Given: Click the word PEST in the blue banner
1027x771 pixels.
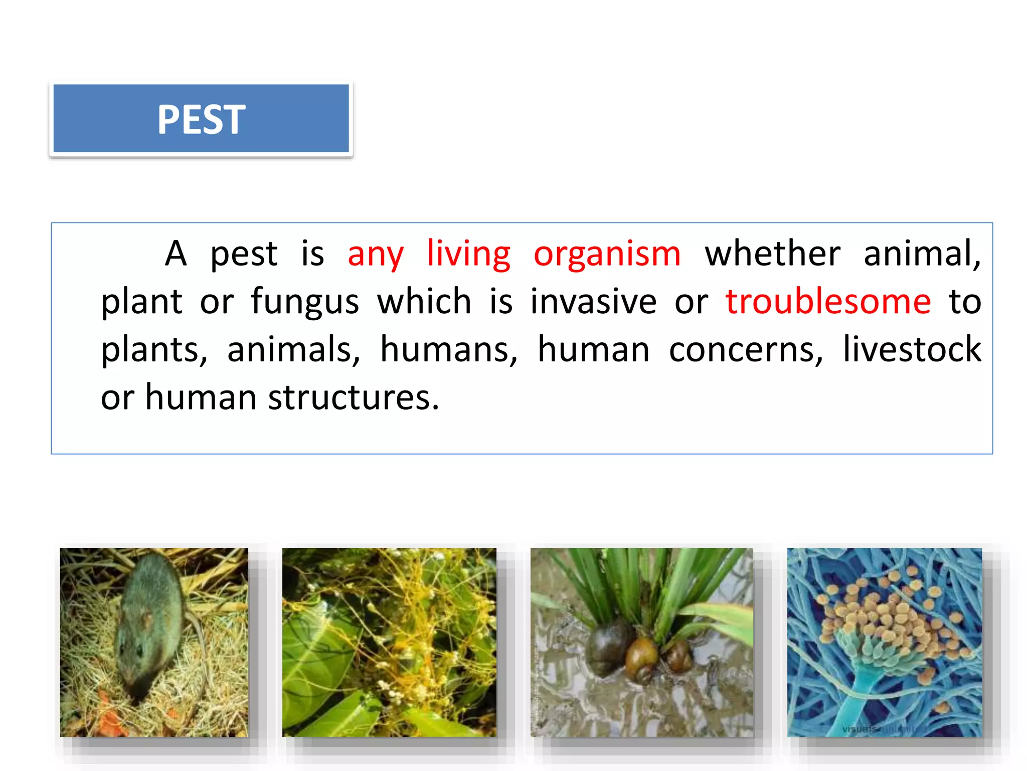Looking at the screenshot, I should coord(201,119).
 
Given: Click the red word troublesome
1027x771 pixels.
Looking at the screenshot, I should coord(828,302).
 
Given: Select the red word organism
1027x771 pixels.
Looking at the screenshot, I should coord(607,254).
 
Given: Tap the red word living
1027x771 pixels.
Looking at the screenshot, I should coord(468,254).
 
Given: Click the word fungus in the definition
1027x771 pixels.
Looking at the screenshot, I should coord(305,302).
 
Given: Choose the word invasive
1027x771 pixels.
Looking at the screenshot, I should coord(593,302).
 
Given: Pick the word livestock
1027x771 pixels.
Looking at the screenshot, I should coord(912,349).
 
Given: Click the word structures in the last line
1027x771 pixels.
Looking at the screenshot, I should coord(353,398).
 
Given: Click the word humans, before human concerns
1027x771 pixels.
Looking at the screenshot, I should coord(448,350).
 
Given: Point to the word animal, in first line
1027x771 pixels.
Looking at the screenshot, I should coord(922,254).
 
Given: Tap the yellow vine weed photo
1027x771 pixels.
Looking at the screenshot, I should coord(389,642).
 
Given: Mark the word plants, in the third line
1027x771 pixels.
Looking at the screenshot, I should coord(154,350).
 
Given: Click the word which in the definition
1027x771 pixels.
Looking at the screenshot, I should coord(424,302).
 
